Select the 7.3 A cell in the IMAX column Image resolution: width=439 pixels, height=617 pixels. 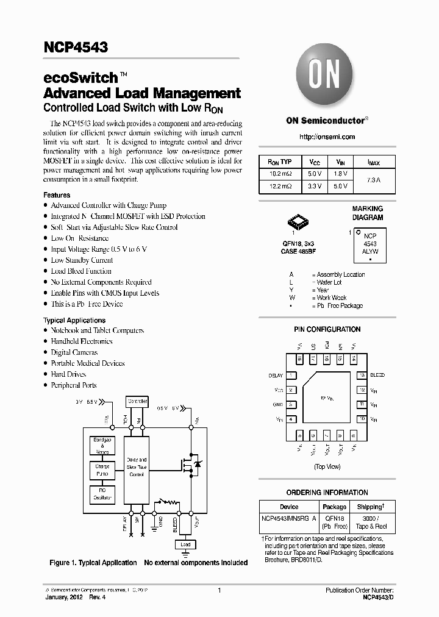coord(374,180)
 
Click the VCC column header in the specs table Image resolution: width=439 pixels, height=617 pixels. coord(315,162)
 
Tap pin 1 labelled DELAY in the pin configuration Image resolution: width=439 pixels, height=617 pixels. coord(292,376)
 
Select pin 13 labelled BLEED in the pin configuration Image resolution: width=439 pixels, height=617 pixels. coord(362,376)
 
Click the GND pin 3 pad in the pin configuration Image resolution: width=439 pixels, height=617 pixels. coord(292,404)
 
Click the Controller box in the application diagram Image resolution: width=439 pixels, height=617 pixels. coord(137,401)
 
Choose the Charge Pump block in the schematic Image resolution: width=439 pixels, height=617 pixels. coord(102,470)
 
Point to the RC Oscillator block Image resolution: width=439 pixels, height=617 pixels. coord(102,494)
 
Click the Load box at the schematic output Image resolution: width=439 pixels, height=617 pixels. coord(185,544)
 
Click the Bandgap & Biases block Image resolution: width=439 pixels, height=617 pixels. coord(102,446)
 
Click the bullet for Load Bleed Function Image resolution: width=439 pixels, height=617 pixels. coord(46,271)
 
